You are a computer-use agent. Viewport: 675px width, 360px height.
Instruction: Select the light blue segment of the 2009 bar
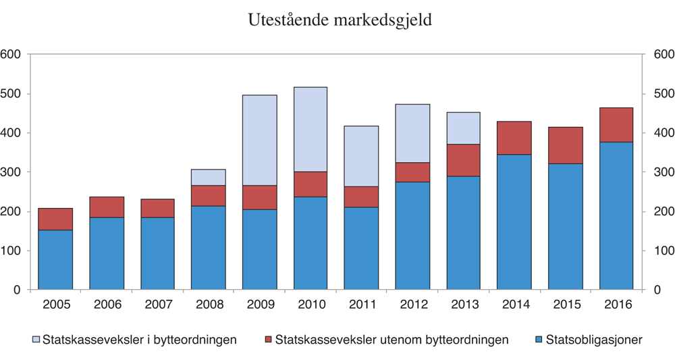(260, 140)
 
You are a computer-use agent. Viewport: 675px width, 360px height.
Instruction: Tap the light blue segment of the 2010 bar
(310, 129)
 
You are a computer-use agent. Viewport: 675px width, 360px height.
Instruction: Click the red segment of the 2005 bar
(55, 219)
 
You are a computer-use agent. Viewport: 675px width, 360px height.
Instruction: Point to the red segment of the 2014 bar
(514, 138)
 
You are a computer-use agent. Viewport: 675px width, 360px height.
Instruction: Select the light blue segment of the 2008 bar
(209, 177)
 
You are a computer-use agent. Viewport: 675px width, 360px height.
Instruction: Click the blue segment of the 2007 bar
(157, 253)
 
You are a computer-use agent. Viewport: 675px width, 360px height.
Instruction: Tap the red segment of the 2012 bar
(412, 172)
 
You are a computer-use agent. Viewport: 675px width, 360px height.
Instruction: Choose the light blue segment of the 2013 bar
(464, 128)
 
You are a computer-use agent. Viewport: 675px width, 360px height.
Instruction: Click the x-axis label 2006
(107, 305)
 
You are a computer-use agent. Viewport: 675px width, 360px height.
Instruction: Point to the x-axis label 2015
(566, 305)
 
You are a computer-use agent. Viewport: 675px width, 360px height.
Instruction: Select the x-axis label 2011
(362, 305)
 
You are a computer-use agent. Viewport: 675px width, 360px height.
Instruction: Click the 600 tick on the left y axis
(11, 55)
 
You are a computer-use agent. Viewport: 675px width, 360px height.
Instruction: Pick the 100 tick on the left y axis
(11, 251)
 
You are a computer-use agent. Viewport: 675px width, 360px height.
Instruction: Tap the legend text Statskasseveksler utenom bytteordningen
(391, 340)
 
